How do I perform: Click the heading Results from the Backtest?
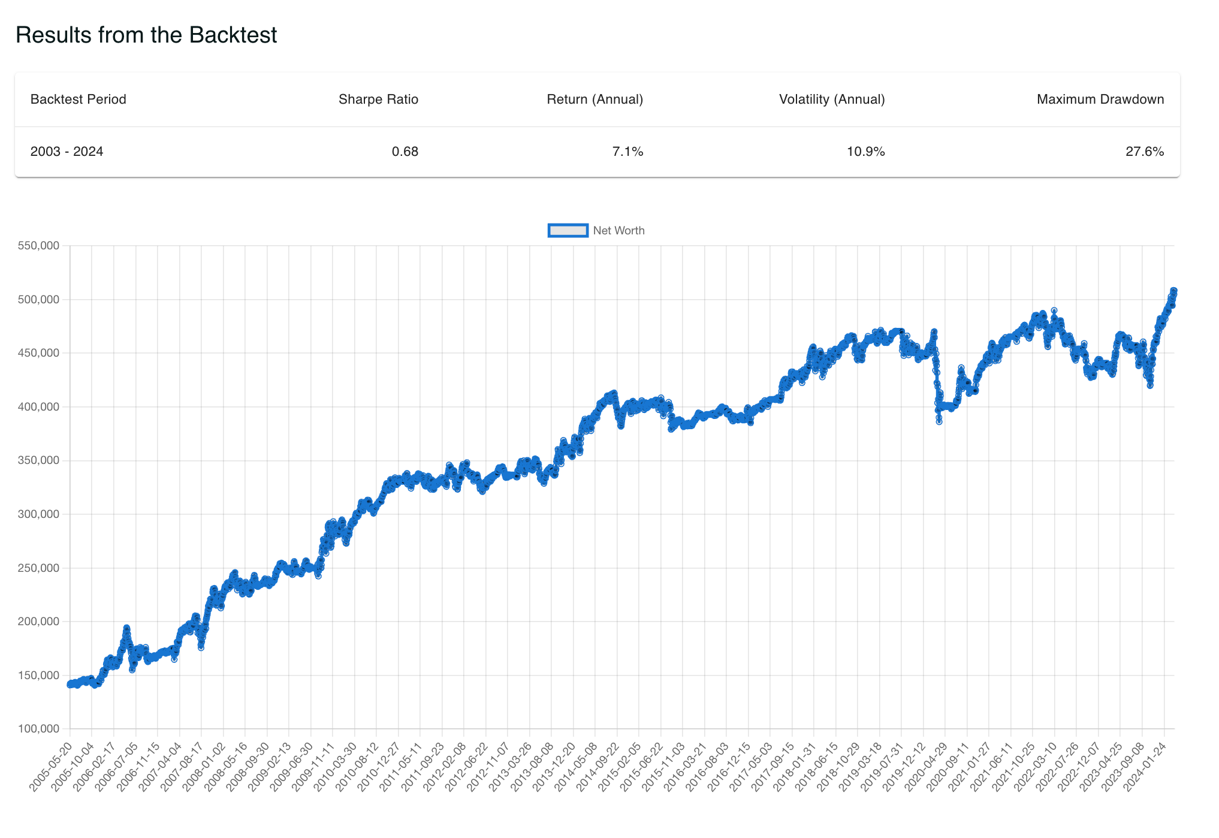146,35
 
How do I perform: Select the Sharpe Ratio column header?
378,100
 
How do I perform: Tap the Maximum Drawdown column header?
1100,100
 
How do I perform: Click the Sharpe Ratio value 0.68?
405,152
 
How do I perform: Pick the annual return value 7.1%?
627,152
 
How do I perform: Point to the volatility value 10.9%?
865,152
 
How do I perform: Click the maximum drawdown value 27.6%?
1144,152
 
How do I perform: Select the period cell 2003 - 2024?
67,152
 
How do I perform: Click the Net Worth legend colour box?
568,231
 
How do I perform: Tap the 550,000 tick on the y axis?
38,246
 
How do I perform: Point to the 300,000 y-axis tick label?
38,514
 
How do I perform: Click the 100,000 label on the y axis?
38,729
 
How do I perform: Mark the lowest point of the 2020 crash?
939,422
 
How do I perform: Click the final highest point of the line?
1173,290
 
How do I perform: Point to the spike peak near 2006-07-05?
126,628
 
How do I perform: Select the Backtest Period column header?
78,100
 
